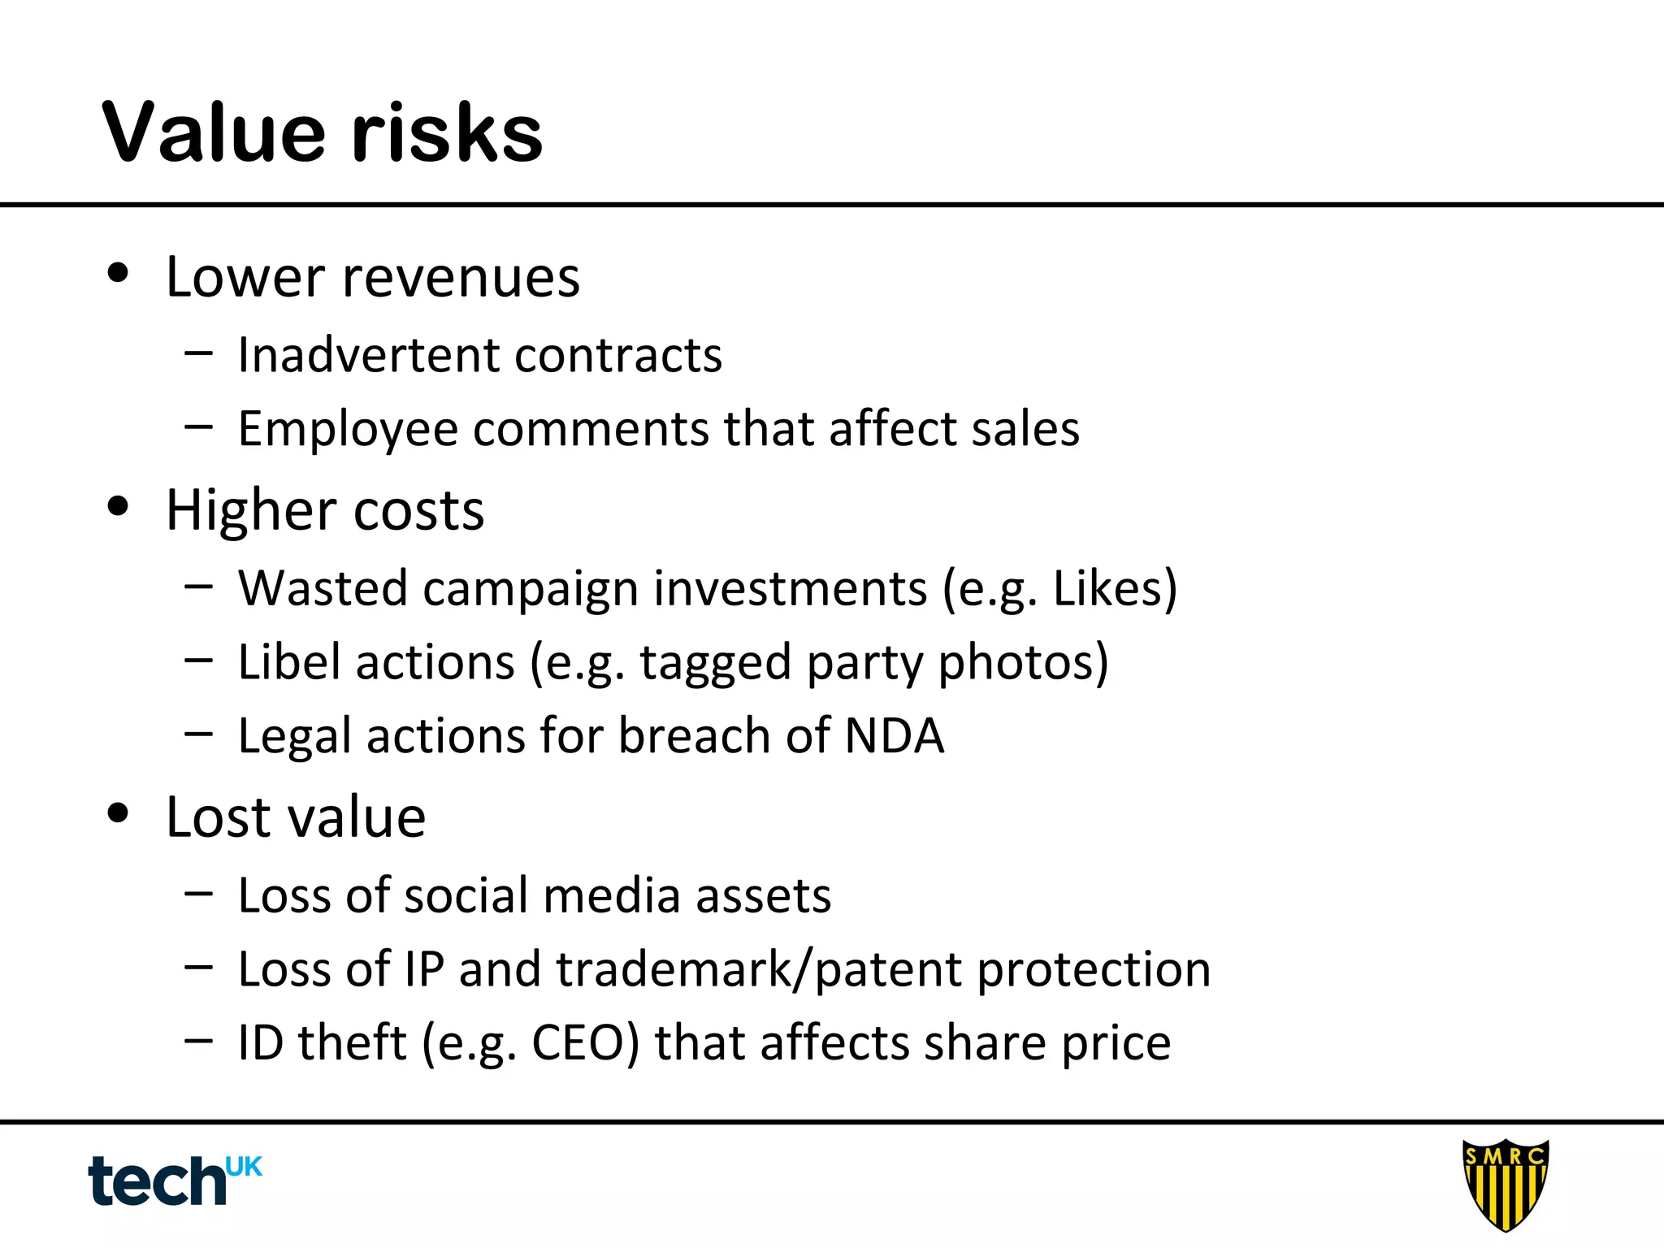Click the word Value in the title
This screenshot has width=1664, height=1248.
214,132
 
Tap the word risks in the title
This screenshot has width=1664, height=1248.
448,132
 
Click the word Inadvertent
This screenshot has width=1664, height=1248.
368,355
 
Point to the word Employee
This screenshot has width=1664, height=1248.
348,429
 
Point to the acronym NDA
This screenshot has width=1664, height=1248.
895,735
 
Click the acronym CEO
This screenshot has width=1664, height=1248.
578,1042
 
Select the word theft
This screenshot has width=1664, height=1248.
352,1042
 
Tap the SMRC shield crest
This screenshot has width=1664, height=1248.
1505,1183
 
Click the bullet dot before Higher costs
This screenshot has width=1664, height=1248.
119,506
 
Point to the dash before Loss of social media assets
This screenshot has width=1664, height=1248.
198,894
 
